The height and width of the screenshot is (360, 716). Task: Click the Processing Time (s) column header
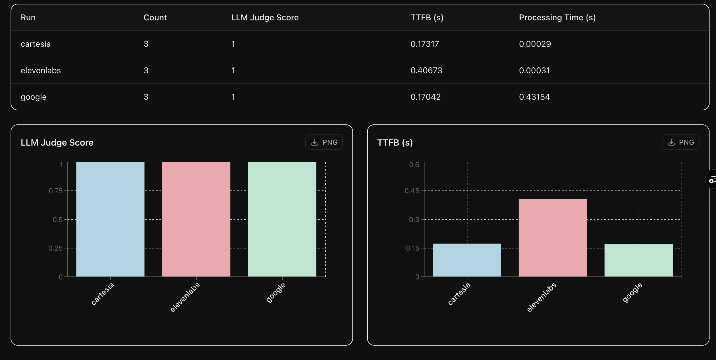[557, 18]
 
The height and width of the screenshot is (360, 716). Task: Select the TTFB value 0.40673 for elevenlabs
[426, 71]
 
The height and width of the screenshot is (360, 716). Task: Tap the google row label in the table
[34, 97]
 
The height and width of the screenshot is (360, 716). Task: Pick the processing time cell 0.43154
[534, 97]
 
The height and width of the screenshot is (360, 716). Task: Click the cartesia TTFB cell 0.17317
[424, 44]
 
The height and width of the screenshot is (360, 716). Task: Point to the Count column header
[155, 18]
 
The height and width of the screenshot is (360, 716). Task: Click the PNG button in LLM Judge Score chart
[324, 142]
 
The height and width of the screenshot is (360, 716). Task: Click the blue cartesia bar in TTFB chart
[467, 260]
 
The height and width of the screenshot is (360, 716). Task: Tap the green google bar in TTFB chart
[638, 260]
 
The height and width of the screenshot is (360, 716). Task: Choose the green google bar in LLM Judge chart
[282, 219]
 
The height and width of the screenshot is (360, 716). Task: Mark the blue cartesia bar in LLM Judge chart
[110, 219]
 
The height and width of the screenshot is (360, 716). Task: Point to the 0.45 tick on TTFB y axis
[412, 191]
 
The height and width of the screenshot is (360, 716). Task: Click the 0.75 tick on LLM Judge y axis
[56, 191]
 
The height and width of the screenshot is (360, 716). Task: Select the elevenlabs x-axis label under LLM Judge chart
[185, 297]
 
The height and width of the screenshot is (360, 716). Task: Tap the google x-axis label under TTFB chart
[632, 293]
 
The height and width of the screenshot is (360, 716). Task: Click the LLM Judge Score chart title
[57, 143]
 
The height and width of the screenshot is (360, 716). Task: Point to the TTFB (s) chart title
[395, 143]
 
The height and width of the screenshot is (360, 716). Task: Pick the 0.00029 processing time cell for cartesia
[535, 44]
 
